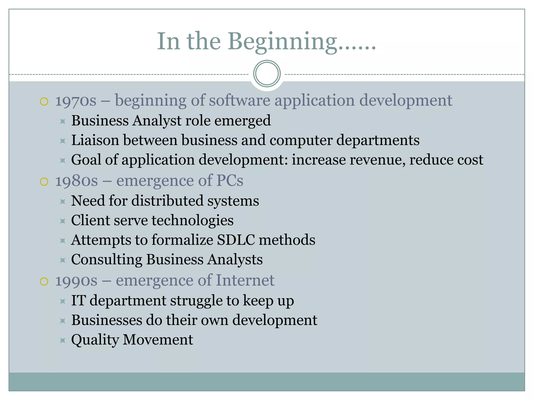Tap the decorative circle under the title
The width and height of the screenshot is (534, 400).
(267, 73)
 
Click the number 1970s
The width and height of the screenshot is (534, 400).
(76, 101)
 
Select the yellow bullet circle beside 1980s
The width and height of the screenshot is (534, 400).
(44, 182)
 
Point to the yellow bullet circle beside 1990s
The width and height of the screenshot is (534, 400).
(44, 281)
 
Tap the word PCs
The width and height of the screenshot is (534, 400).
(229, 180)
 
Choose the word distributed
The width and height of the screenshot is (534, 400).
(167, 201)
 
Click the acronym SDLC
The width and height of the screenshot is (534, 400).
(236, 240)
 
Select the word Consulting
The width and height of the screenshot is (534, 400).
(106, 260)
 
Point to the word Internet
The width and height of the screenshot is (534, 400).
(245, 280)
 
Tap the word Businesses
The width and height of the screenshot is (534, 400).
(106, 320)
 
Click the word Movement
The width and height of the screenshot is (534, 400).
(158, 340)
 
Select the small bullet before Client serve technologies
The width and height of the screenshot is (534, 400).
(63, 221)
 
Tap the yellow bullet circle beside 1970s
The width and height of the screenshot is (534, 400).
(44, 101)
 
